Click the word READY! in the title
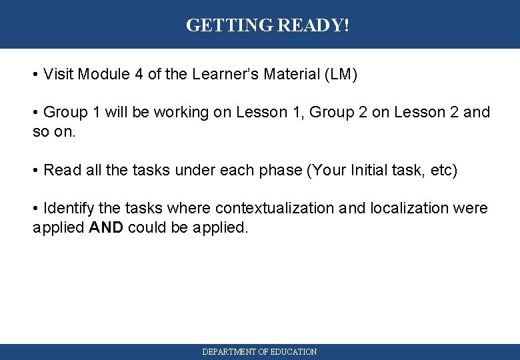(x=313, y=25)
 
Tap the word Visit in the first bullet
(x=59, y=74)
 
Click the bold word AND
(x=106, y=227)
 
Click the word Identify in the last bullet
(x=69, y=208)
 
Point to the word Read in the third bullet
(x=59, y=170)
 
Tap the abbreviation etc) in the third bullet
(x=444, y=170)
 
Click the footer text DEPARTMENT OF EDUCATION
(x=259, y=351)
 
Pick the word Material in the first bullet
(x=289, y=74)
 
